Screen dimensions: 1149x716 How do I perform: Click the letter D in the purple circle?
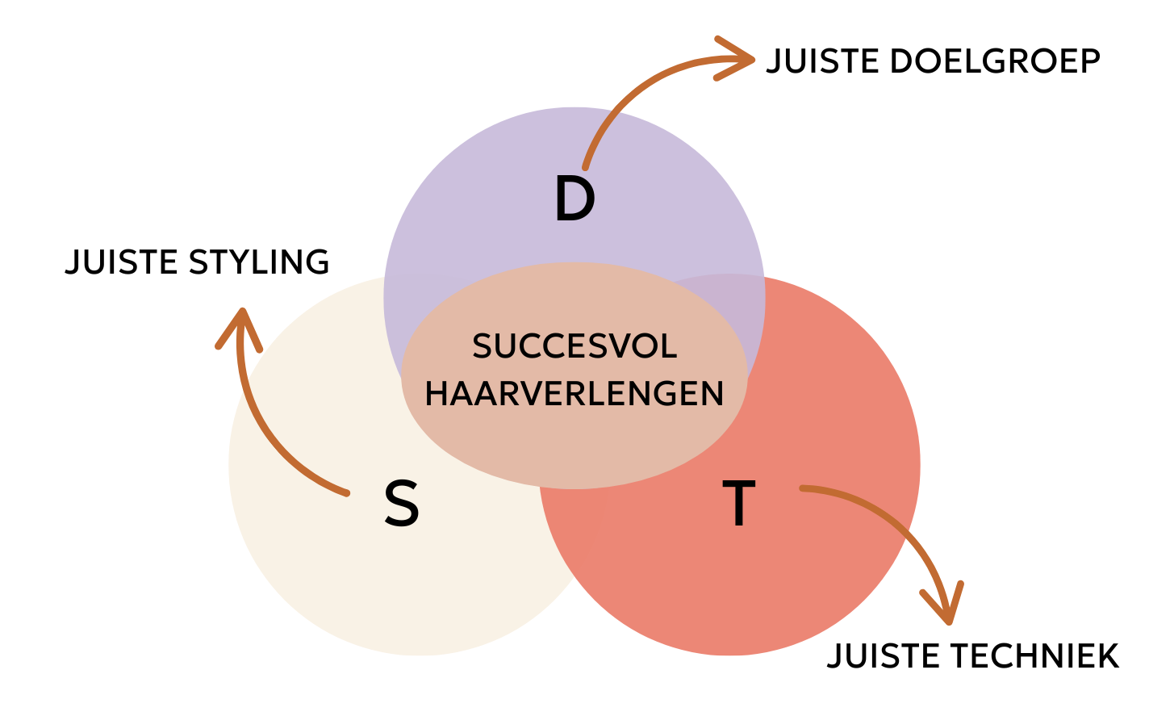[574, 200]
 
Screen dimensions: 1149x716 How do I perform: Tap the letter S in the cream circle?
[401, 505]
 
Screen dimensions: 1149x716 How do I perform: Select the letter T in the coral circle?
[738, 504]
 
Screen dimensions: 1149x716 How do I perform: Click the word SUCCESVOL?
[574, 347]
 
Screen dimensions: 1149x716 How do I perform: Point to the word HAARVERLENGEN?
[574, 394]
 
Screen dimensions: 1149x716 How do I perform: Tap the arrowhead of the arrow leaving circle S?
[240, 315]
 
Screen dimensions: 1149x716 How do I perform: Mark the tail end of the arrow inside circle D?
[585, 167]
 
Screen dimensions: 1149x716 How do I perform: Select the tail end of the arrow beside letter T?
[803, 488]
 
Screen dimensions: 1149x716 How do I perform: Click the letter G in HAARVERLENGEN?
[655, 394]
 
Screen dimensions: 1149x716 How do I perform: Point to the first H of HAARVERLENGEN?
[437, 394]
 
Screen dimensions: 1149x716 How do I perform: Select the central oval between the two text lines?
[574, 371]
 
